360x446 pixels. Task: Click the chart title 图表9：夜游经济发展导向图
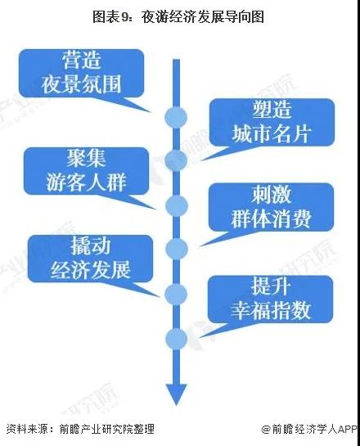[178, 17]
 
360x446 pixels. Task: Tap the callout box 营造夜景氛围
[82, 73]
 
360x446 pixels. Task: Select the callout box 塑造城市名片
[272, 122]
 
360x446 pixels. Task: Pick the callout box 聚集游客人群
[86, 171]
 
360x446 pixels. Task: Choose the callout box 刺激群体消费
[271, 207]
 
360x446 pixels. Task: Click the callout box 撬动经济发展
[91, 259]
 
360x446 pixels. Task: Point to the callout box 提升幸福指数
[270, 299]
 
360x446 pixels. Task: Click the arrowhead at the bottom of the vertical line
[176, 394]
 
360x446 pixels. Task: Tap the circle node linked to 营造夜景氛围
[176, 117]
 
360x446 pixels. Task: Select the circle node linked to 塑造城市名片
[176, 160]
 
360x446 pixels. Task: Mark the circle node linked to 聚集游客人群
[176, 205]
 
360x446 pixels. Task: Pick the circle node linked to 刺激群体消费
[176, 249]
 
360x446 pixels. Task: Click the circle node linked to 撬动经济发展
[176, 295]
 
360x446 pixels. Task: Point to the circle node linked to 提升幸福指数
[176, 339]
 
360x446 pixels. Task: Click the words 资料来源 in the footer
[27, 429]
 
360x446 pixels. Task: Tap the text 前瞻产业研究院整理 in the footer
[106, 429]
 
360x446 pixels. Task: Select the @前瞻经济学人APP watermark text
[309, 429]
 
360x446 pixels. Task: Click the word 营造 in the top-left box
[82, 61]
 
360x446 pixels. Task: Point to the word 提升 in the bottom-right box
[271, 286]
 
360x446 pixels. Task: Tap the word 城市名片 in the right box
[271, 134]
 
